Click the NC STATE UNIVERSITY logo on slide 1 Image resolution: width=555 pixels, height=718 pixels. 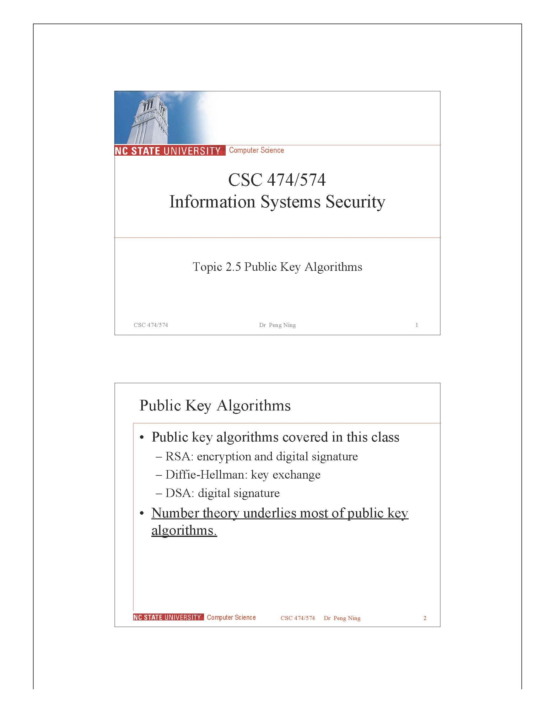(168, 151)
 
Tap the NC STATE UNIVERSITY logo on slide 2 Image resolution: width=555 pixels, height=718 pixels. (167, 617)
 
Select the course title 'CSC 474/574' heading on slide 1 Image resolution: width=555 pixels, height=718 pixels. (277, 180)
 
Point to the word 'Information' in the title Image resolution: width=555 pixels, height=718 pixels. (212, 202)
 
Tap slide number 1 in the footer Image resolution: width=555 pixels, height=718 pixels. (417, 325)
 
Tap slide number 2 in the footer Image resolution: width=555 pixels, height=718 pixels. (425, 618)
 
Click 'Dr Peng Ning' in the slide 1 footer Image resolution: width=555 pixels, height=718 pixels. (277, 325)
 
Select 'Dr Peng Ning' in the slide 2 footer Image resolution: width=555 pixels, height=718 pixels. (342, 618)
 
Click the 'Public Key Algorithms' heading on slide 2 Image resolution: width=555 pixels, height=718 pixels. (215, 405)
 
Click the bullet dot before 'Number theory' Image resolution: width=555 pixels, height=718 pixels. (142, 513)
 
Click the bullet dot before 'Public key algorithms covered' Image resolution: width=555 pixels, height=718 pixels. (142, 437)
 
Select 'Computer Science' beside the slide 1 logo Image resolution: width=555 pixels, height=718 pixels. (256, 150)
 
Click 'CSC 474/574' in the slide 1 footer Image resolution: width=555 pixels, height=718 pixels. (151, 325)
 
